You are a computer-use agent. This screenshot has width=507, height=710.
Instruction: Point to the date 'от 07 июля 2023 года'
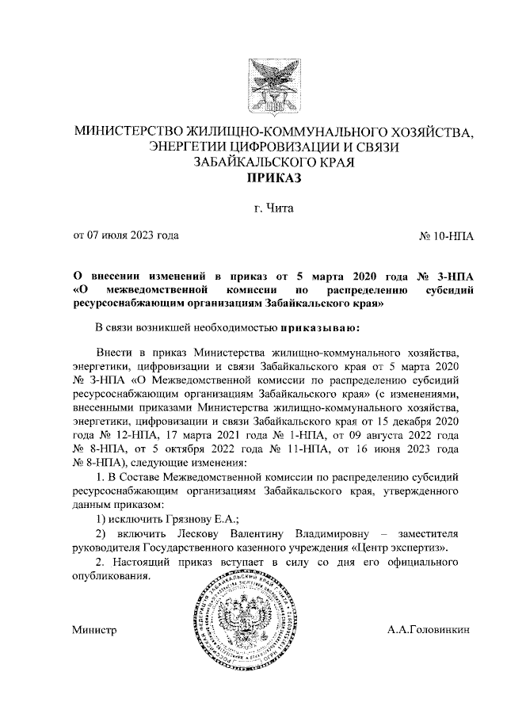[126, 235]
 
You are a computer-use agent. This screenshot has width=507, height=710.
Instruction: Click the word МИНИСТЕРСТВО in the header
[127, 131]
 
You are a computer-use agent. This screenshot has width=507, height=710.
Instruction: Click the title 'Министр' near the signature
[94, 631]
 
